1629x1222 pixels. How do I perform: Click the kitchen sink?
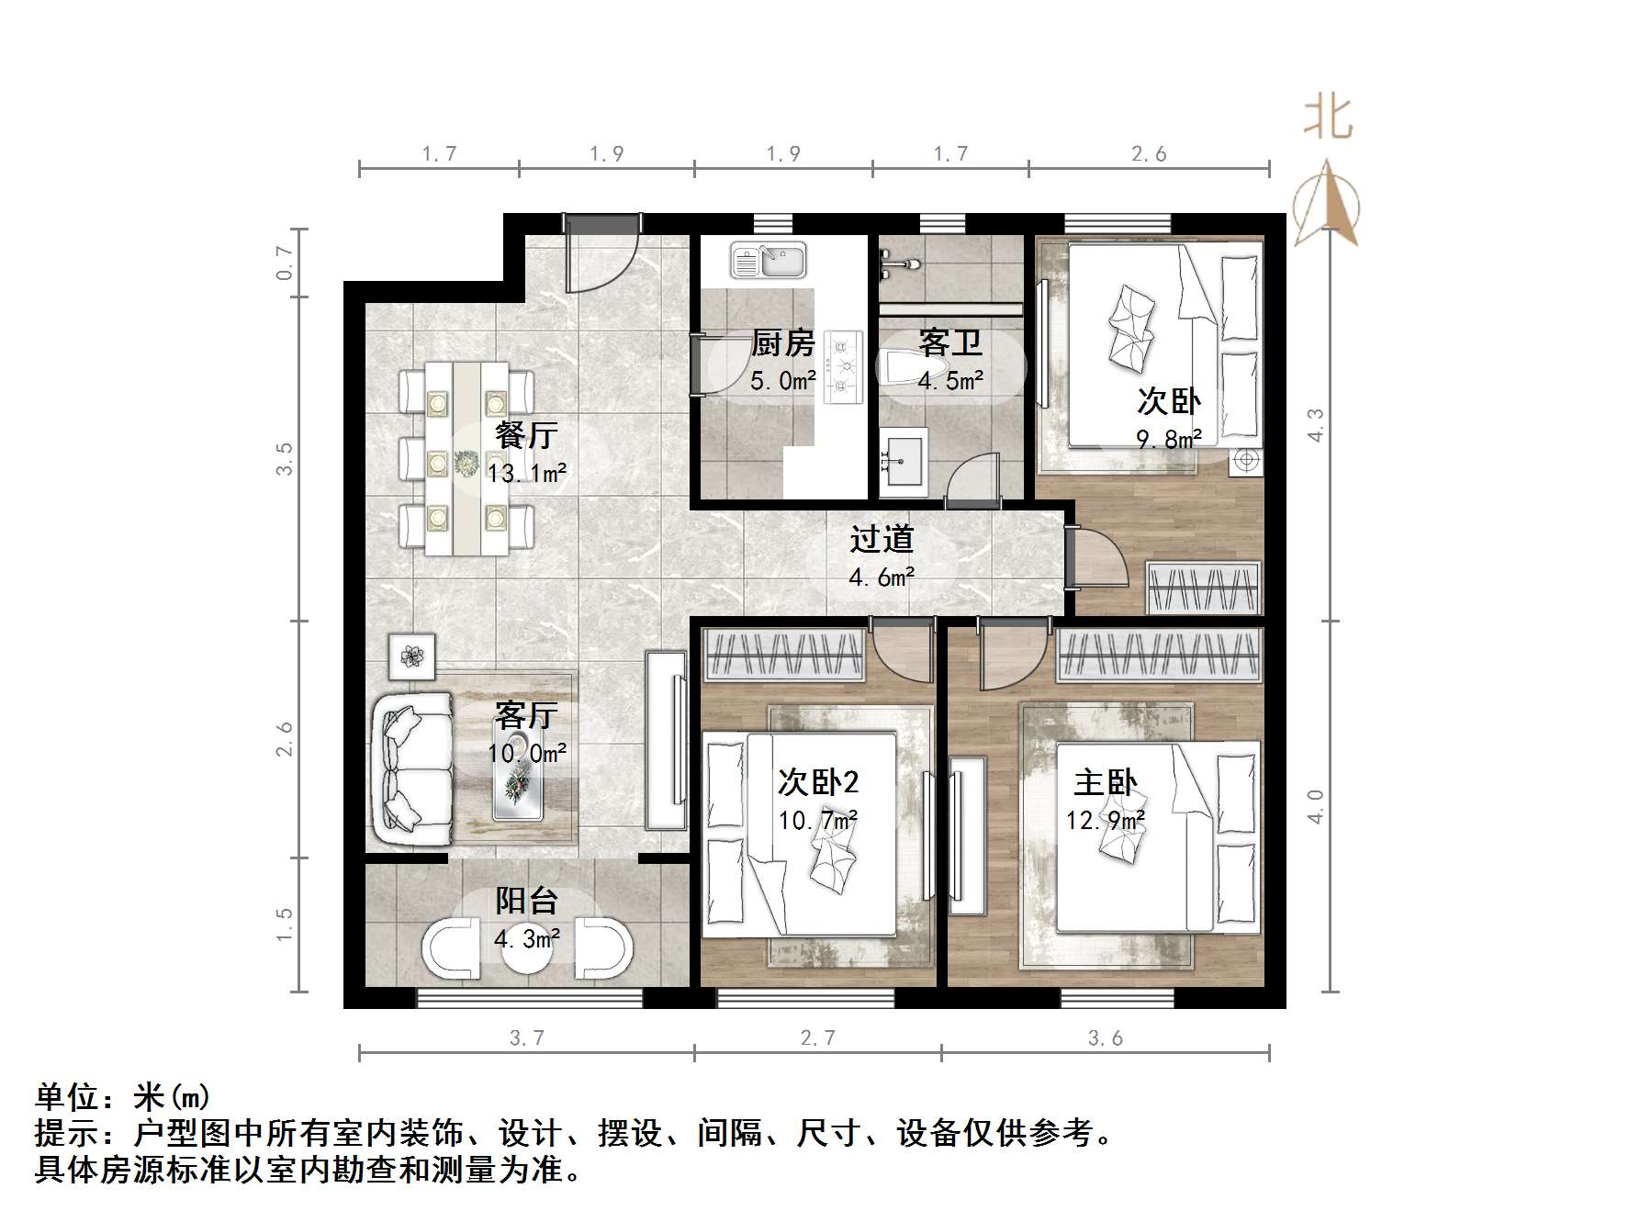click(768, 260)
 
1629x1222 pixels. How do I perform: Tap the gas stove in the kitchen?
click(843, 367)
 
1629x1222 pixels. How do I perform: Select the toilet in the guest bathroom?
click(907, 367)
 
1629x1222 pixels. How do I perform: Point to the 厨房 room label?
click(782, 343)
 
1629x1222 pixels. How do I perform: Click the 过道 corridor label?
click(881, 539)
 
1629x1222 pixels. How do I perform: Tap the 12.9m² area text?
click(1105, 820)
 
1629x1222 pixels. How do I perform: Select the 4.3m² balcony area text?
click(526, 939)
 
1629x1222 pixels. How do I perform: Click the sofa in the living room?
click(411, 769)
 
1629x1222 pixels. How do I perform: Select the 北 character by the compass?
click(1328, 118)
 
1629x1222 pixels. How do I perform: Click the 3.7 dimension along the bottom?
click(526, 1037)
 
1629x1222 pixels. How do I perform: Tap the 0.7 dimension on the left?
click(285, 263)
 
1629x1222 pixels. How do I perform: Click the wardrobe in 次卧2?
click(784, 656)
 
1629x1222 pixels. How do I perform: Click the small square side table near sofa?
click(411, 656)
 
